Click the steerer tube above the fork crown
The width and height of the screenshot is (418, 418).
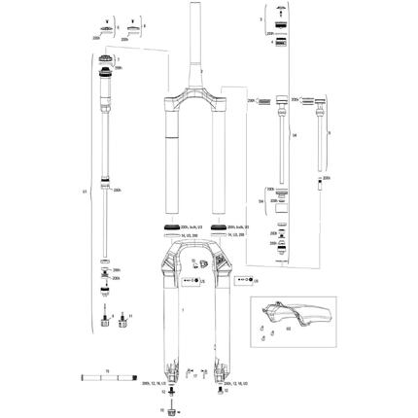(x=196, y=49)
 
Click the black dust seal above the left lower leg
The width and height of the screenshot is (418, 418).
(x=171, y=229)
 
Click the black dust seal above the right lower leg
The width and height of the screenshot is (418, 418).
(x=218, y=229)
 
